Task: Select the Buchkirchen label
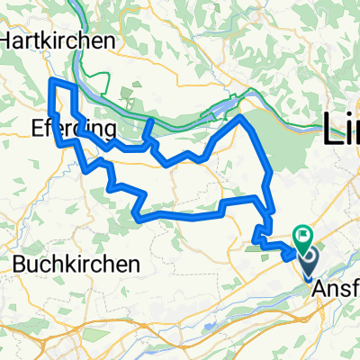(76, 265)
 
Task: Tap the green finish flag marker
(301, 238)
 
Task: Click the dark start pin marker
(309, 264)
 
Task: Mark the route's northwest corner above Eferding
(50, 81)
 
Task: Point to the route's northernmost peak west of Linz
(241, 116)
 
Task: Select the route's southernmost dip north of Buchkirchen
(137, 216)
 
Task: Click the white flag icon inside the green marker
(301, 237)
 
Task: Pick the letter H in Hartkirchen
(11, 41)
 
